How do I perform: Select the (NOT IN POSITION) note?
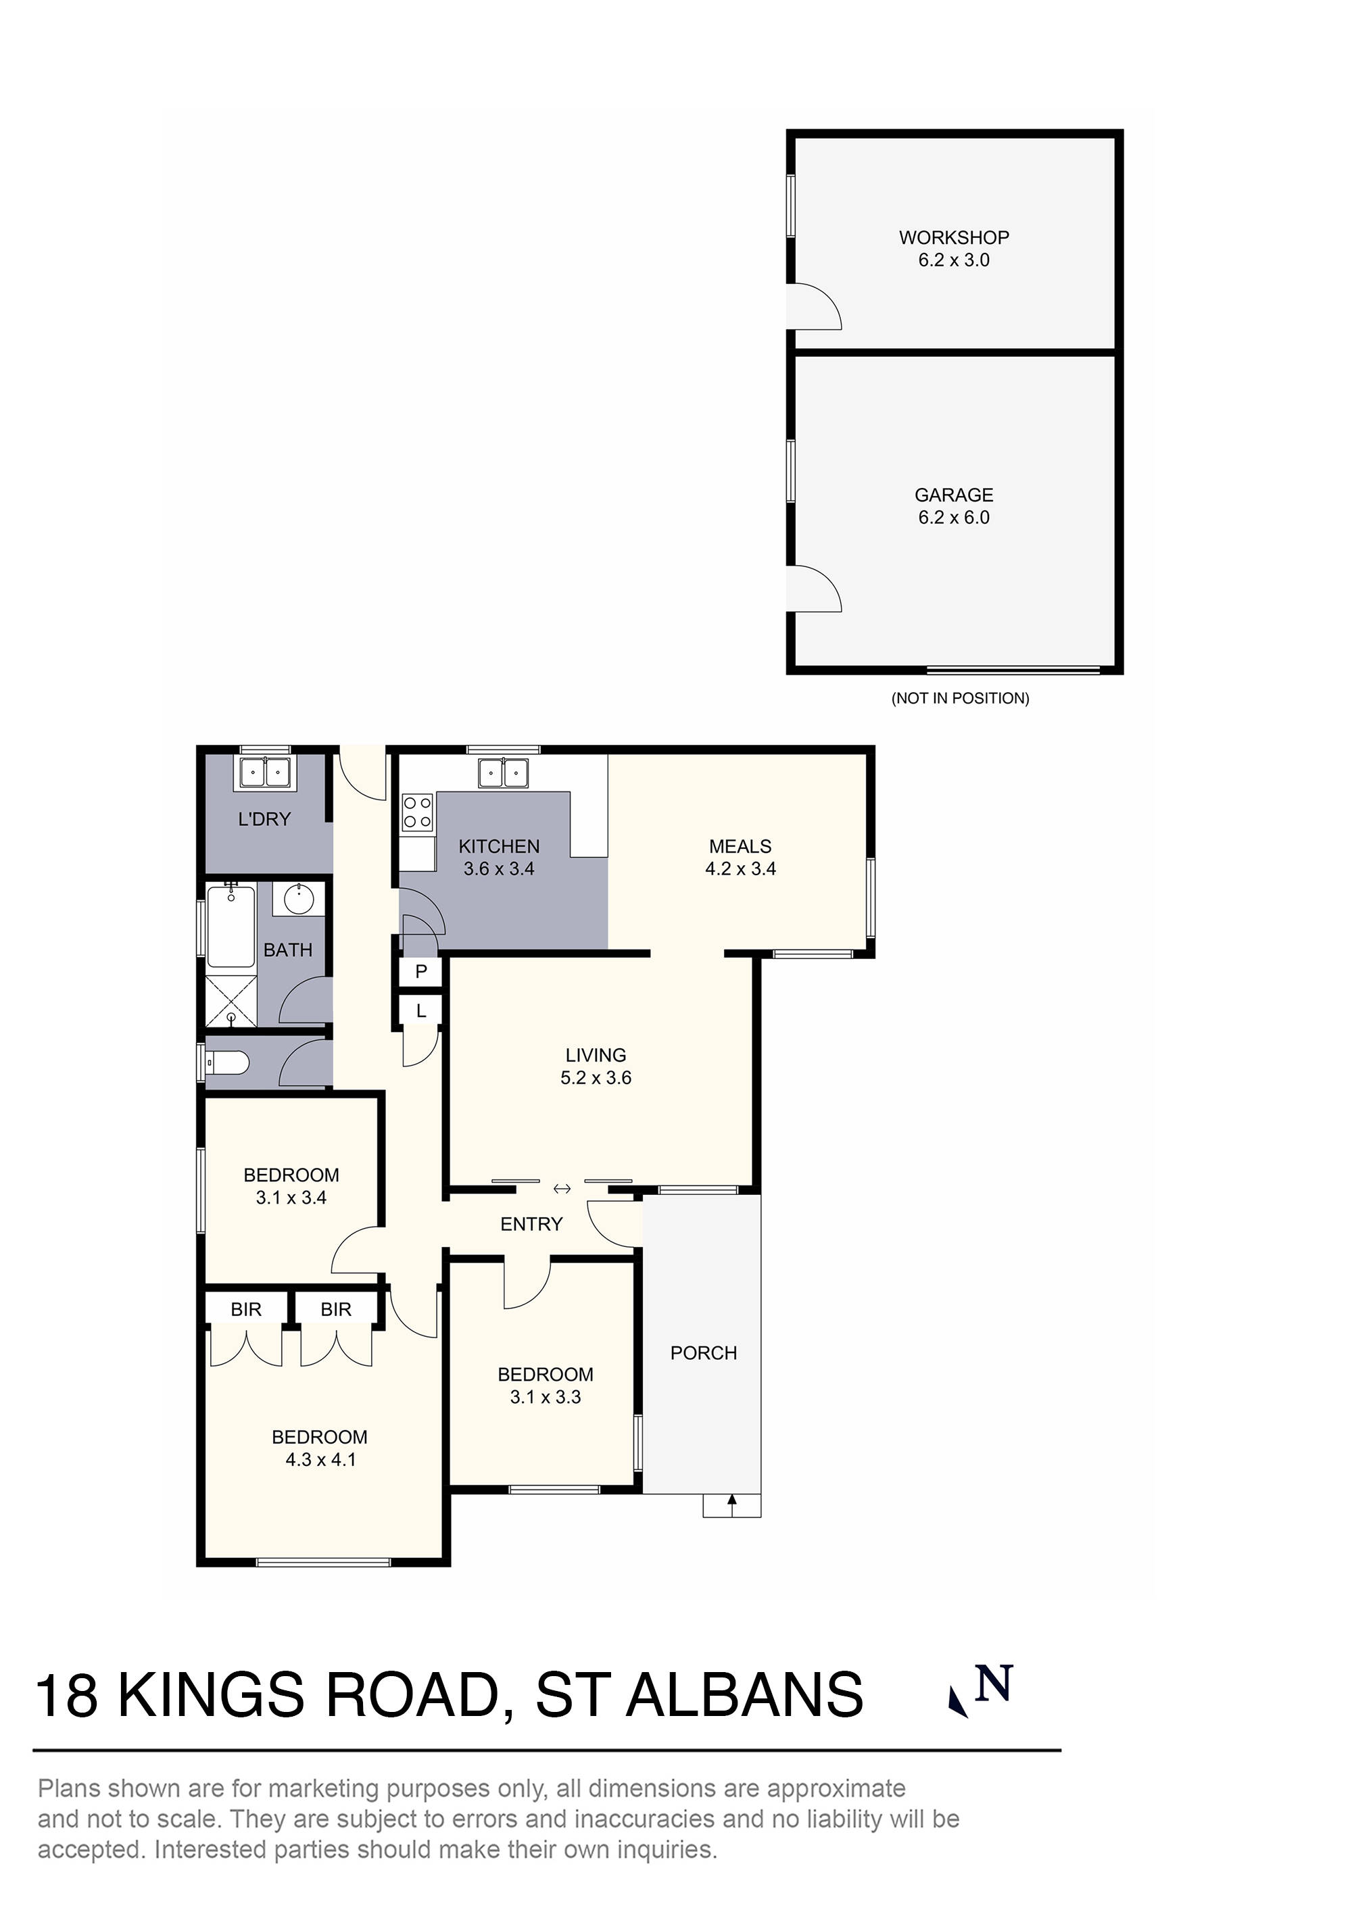coord(960,698)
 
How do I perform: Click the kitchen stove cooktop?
coord(417,812)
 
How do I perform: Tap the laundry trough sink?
coord(264,772)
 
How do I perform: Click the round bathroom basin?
coord(298,900)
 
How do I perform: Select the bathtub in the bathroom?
coord(231,927)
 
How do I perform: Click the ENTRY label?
coord(531,1224)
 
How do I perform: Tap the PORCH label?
coord(703,1353)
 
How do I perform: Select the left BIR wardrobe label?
coord(246,1310)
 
